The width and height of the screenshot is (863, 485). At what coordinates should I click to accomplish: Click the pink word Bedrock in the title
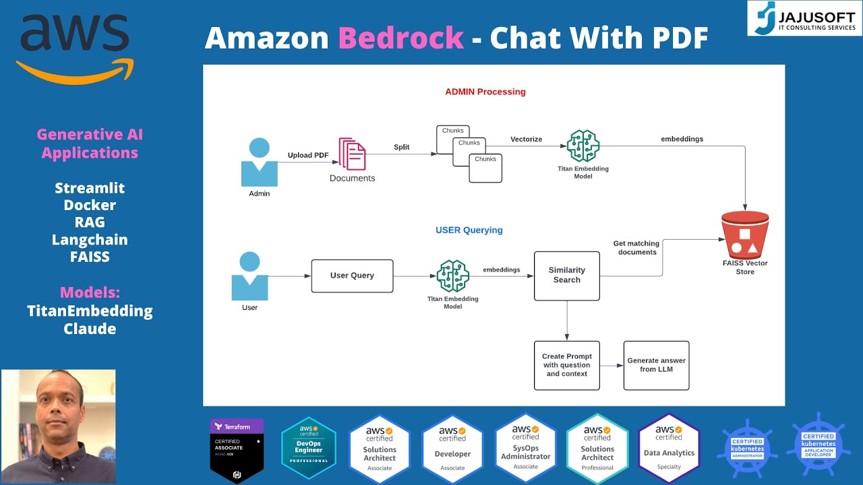point(400,38)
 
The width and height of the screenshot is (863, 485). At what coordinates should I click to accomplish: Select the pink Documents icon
point(352,154)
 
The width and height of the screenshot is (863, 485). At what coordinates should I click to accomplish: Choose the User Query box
point(352,276)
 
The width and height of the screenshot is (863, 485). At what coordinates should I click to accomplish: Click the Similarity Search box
point(566,276)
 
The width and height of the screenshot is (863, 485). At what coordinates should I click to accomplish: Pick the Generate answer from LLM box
point(656,365)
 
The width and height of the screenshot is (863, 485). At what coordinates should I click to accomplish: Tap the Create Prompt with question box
point(566,365)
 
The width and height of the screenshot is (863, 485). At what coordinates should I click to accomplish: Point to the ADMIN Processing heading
point(485,92)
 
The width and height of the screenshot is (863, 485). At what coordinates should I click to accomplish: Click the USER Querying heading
point(469,230)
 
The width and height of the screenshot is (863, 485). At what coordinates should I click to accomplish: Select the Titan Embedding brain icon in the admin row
point(583,146)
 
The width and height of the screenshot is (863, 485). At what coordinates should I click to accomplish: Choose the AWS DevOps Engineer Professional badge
point(308,448)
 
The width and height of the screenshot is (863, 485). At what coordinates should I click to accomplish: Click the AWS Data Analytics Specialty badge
point(669,448)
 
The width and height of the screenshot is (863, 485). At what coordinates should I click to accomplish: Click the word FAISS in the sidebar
point(90,257)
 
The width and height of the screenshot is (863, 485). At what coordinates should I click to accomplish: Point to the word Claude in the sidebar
point(90,329)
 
